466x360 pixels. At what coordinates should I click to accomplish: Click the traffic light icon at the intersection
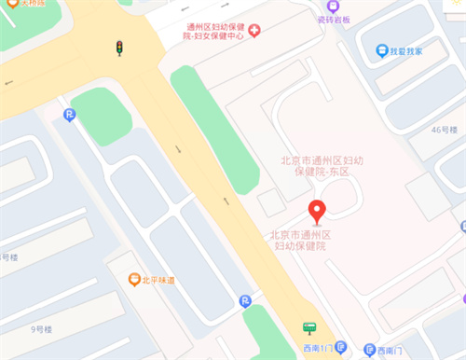118,48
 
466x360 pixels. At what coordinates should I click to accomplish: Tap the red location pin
317,212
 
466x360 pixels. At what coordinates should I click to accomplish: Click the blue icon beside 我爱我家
381,50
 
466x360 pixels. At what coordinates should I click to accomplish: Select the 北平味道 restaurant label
159,279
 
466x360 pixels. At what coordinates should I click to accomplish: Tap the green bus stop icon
308,327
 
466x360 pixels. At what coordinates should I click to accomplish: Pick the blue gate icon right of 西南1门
341,349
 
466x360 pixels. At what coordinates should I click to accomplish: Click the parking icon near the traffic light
68,115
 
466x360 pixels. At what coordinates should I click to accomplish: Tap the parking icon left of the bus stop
245,300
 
